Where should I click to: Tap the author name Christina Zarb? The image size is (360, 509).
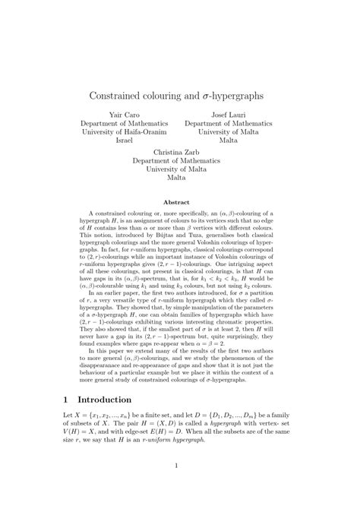(175, 151)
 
